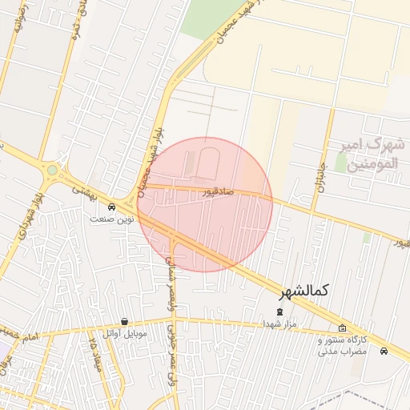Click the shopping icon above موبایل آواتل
click(x=124, y=321)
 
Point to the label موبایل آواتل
click(x=125, y=332)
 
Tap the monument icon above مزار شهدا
click(x=279, y=312)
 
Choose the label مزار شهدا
click(x=279, y=324)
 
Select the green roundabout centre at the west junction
click(x=53, y=170)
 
